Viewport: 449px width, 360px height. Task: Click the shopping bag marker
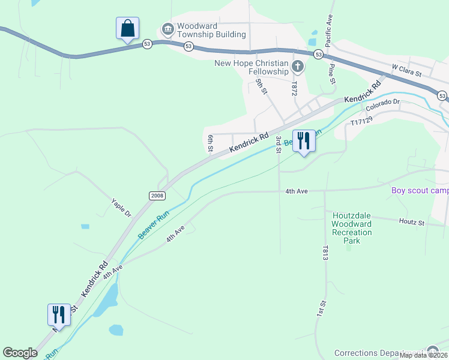point(127,29)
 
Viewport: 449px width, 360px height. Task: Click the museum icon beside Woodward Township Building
point(167,29)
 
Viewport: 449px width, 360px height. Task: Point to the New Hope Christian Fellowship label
point(252,67)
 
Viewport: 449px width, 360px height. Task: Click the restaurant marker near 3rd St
point(303,142)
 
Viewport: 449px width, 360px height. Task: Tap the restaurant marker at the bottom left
point(59,315)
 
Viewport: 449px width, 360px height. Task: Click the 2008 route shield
point(157,196)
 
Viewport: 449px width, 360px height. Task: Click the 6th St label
point(211,143)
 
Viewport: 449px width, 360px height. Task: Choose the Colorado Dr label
point(383,105)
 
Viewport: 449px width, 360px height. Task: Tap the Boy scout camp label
point(420,191)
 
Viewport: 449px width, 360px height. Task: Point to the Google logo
point(20,353)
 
